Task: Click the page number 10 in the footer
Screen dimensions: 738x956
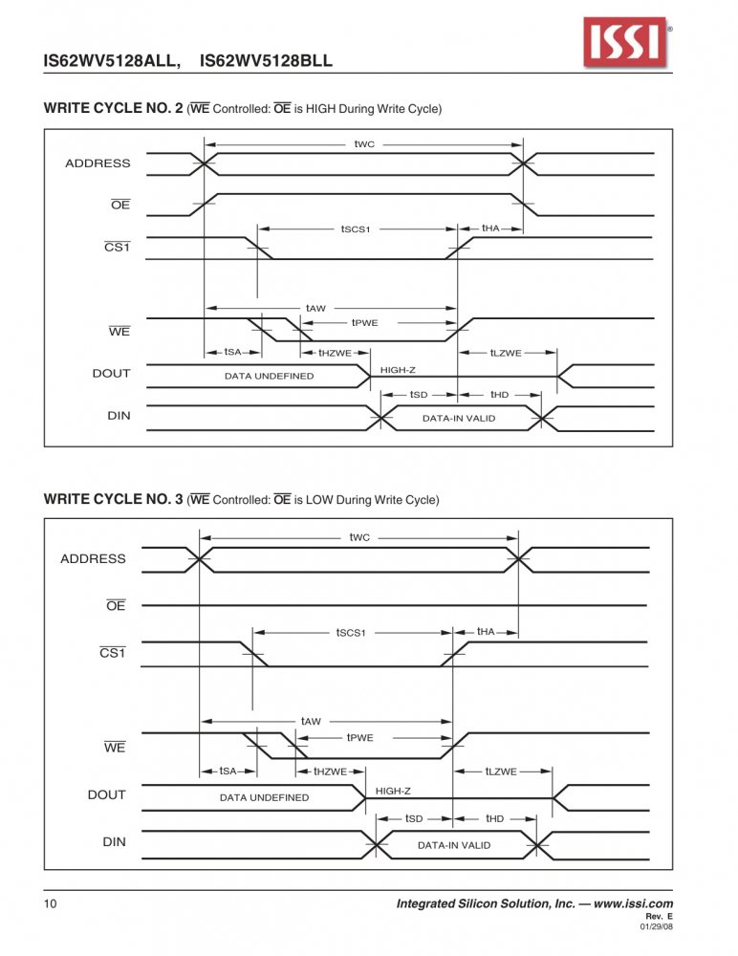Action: coord(50,903)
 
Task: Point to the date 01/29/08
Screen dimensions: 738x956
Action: coord(657,926)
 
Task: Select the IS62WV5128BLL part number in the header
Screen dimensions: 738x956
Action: coord(266,61)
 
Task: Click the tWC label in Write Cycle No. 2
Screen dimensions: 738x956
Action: coord(364,144)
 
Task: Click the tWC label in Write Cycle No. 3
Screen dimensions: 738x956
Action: coord(359,537)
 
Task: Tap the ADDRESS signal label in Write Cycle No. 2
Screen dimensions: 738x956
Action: coord(98,163)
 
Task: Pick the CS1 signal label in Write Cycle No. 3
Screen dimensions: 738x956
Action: coord(113,652)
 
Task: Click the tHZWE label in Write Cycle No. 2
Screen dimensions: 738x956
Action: coord(335,353)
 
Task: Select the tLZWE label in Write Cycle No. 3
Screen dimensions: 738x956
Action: coord(501,771)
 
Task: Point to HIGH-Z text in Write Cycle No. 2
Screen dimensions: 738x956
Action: coord(398,370)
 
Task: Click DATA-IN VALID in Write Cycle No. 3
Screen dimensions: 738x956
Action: coord(454,845)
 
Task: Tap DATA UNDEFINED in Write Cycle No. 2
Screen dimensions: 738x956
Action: coord(269,376)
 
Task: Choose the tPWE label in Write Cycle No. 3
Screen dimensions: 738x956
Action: coord(359,738)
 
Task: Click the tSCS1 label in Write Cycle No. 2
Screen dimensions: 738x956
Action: coord(356,229)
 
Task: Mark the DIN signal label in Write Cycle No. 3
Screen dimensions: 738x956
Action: coord(114,842)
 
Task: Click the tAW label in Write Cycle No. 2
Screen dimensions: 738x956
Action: coord(315,308)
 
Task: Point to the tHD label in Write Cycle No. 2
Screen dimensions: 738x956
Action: coord(500,395)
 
